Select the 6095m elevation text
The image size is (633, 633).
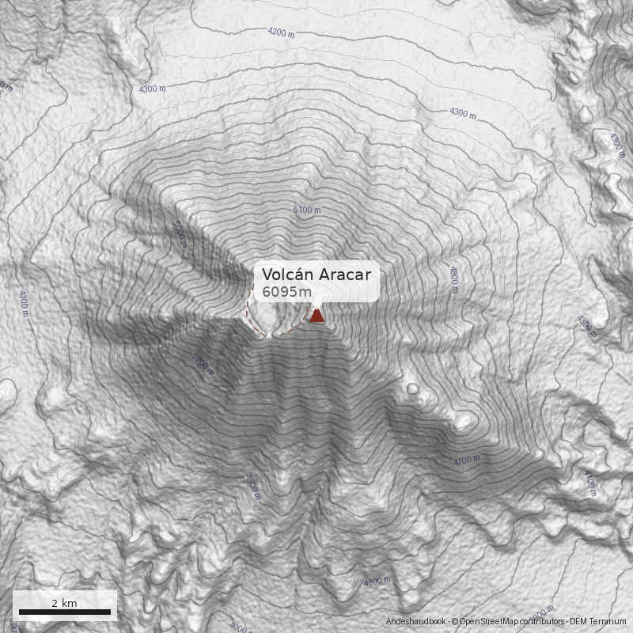[286, 292]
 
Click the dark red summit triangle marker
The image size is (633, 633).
[317, 316]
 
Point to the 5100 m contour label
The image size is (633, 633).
[307, 210]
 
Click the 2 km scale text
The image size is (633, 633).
[64, 603]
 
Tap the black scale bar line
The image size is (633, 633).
[64, 612]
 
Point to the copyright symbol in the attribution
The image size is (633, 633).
[454, 623]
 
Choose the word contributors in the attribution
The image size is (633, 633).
[544, 623]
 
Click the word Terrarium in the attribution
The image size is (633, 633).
[608, 623]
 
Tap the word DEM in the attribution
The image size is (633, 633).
[579, 623]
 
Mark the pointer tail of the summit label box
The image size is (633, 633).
[317, 305]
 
